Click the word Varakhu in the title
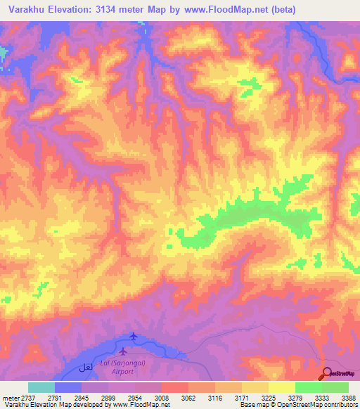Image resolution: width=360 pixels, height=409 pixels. click(x=29, y=9)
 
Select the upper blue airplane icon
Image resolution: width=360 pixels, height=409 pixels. click(x=134, y=337)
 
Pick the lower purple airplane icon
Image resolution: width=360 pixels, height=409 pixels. click(x=124, y=351)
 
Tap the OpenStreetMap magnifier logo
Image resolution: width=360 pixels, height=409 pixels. click(x=328, y=373)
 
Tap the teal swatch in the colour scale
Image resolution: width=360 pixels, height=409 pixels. click(x=41, y=387)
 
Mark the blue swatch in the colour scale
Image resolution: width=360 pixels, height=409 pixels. click(x=67, y=387)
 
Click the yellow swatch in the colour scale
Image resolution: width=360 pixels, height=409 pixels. click(x=281, y=387)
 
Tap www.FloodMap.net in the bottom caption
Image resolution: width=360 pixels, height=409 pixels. click(x=134, y=405)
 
